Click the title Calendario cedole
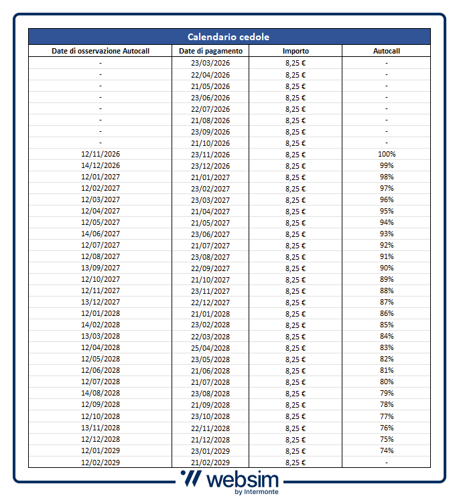click(228, 37)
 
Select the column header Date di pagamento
click(210, 51)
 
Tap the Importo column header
click(296, 51)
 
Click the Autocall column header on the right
click(386, 51)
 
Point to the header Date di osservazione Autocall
click(101, 51)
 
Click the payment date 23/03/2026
click(210, 63)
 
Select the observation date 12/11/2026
click(101, 154)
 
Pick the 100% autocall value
click(386, 154)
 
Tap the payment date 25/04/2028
click(210, 348)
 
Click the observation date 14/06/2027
click(101, 234)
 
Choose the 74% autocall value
click(386, 450)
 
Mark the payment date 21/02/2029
click(210, 462)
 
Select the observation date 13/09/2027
click(101, 268)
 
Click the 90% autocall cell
click(386, 268)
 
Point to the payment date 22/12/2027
click(210, 302)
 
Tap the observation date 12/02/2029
click(101, 462)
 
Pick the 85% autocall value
click(386, 325)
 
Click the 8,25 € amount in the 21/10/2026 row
click(296, 143)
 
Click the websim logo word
click(243, 479)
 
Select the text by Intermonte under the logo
click(257, 492)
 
